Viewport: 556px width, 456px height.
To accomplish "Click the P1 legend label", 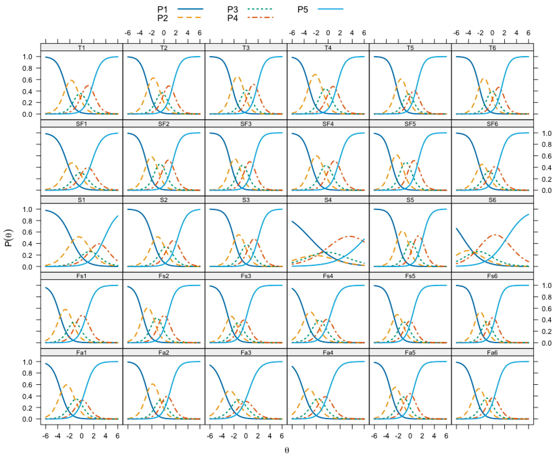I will click(162, 10).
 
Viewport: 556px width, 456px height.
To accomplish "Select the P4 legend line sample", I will click(260, 18).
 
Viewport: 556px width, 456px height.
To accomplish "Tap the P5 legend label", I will click(303, 10).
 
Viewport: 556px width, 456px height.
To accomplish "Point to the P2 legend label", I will click(162, 18).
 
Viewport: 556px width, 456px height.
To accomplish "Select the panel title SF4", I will click(328, 124).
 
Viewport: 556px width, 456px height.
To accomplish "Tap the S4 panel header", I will click(328, 200).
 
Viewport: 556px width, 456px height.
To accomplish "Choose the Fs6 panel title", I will click(492, 276).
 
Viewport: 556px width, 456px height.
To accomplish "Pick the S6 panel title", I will click(492, 200).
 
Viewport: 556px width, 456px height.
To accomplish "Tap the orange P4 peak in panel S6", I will click(495, 235).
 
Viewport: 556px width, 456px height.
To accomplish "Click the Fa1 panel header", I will click(81, 353).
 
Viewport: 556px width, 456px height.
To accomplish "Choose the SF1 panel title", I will click(81, 124).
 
